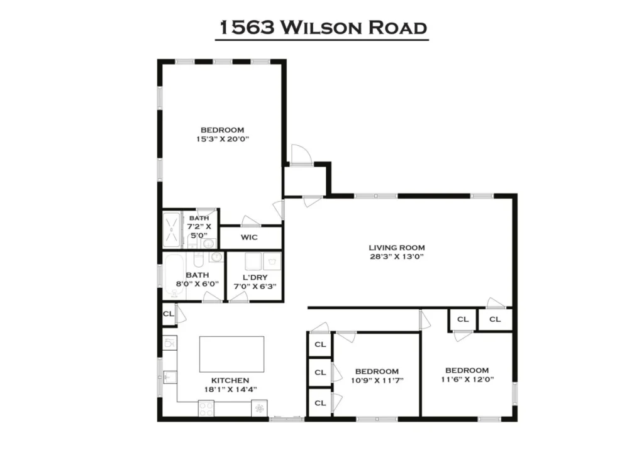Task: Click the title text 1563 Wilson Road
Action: pyautogui.click(x=322, y=28)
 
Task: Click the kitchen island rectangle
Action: pyautogui.click(x=231, y=354)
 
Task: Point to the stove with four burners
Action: pyautogui.click(x=206, y=408)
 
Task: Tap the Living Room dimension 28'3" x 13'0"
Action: pyautogui.click(x=397, y=256)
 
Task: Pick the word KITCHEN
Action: pyautogui.click(x=230, y=380)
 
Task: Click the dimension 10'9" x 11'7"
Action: pyautogui.click(x=376, y=380)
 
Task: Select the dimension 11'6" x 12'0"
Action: pyautogui.click(x=467, y=380)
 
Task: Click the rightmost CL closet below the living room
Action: pyautogui.click(x=495, y=319)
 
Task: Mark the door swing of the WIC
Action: pyautogui.click(x=250, y=221)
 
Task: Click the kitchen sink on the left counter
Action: pyautogui.click(x=169, y=377)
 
